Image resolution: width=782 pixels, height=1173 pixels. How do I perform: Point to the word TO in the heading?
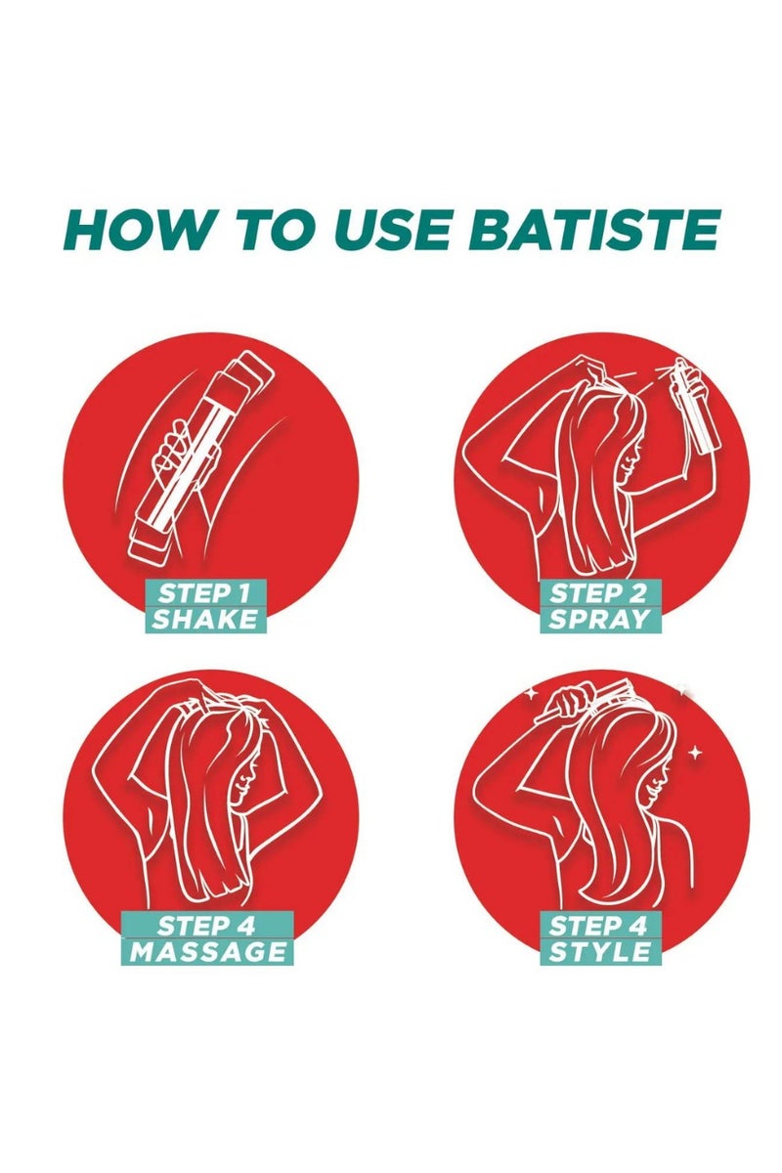267,231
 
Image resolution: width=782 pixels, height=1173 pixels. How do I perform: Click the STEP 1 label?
206,592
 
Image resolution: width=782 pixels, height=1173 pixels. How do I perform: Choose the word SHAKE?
206,619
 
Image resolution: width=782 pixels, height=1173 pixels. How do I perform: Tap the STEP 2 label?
599,592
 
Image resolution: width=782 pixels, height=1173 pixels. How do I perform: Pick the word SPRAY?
599,619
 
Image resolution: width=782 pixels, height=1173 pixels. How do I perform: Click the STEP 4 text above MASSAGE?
207,924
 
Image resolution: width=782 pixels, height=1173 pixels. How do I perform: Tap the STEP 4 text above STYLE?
599,924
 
